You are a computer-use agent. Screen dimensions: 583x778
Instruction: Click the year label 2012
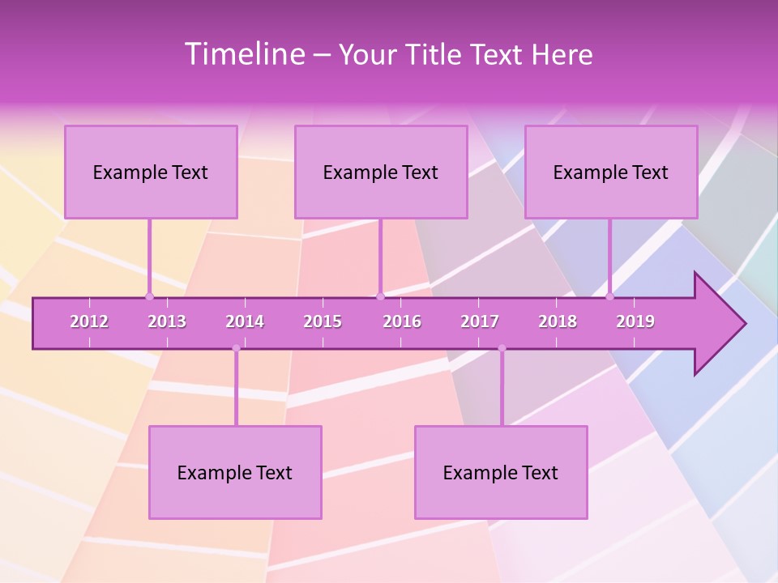[89, 321]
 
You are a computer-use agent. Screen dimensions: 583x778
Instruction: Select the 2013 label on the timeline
[167, 321]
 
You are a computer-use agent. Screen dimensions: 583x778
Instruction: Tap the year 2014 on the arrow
[245, 321]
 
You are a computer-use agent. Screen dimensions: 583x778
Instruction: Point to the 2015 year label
[323, 321]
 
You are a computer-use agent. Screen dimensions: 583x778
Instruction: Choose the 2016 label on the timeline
[402, 321]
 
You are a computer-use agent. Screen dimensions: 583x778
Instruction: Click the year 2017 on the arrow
[480, 321]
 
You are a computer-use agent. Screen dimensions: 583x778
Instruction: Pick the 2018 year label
[558, 321]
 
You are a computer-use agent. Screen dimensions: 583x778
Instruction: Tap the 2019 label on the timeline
[635, 321]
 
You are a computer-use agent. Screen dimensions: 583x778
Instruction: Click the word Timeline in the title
[243, 54]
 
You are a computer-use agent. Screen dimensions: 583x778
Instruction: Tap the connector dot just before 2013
[149, 296]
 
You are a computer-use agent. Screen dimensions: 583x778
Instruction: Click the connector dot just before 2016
[380, 296]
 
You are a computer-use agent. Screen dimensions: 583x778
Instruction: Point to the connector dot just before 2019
[610, 296]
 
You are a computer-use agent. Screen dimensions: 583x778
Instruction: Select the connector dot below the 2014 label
[236, 348]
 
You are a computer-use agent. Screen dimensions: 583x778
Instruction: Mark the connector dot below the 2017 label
[502, 348]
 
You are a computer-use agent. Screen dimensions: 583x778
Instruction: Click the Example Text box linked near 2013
[151, 172]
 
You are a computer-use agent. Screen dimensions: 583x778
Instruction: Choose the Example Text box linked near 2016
[381, 172]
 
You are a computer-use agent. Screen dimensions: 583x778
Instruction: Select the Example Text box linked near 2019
[611, 172]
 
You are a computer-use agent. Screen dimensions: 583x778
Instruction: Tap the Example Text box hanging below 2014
[235, 472]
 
